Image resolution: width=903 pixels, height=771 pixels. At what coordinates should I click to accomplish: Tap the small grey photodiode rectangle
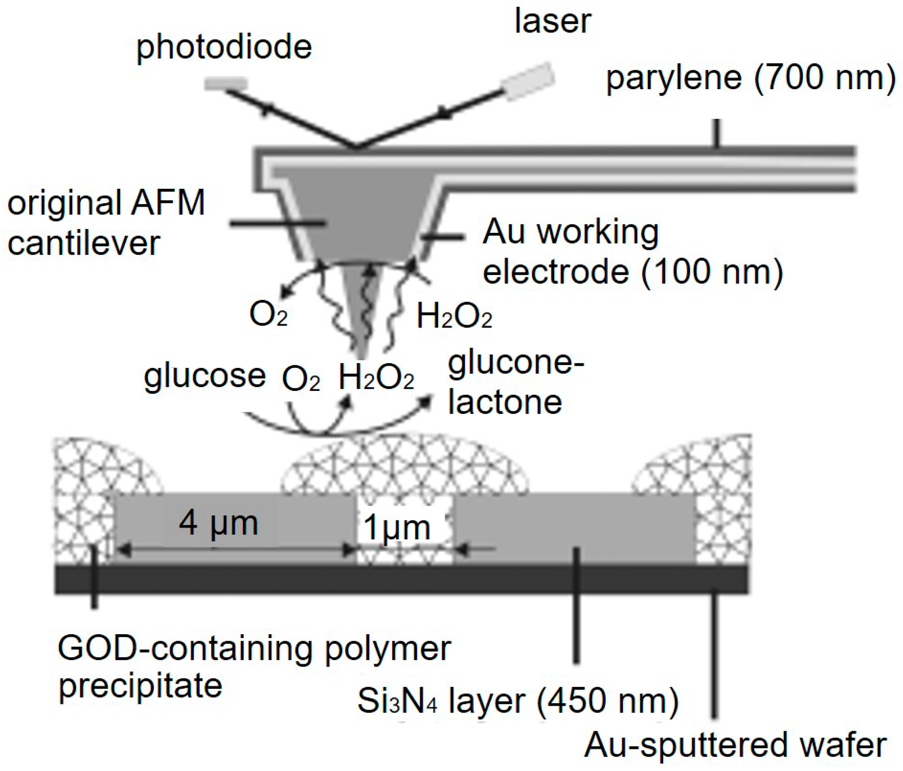226,83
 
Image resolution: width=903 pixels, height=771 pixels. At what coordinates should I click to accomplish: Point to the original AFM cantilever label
106,222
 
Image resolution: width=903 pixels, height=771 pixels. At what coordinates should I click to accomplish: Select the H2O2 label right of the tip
454,316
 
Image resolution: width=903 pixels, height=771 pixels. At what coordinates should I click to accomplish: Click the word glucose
204,376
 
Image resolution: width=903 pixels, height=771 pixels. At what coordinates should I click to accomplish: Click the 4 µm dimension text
218,523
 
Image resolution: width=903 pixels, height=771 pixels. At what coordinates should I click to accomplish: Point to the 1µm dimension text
397,527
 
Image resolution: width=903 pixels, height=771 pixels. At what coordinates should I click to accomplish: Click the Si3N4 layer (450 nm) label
518,701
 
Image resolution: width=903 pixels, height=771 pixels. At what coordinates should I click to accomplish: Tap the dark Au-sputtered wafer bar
401,580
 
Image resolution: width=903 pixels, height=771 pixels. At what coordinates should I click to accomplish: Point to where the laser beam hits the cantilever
357,147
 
